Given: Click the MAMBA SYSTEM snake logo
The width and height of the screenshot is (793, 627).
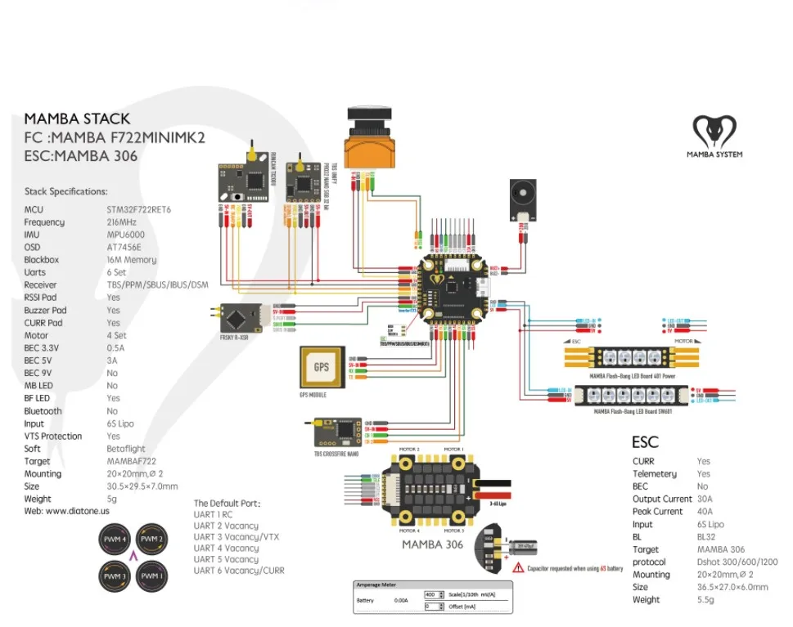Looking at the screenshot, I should pyautogui.click(x=714, y=131).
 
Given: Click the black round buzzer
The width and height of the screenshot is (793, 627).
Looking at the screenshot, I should pyautogui.click(x=521, y=195).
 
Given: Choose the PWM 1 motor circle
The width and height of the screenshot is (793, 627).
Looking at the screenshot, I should pyautogui.click(x=150, y=575).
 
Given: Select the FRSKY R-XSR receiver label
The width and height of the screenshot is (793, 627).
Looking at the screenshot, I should pyautogui.click(x=235, y=337).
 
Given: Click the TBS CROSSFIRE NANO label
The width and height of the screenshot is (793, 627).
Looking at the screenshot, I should pyautogui.click(x=336, y=454).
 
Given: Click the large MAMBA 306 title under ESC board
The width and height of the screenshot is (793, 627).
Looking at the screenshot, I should pyautogui.click(x=432, y=544).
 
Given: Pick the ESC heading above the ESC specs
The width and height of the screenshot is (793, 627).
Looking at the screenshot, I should pyautogui.click(x=645, y=442).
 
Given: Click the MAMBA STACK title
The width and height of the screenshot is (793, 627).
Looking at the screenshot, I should pyautogui.click(x=77, y=119).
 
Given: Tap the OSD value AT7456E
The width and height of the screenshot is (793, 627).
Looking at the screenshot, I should pyautogui.click(x=124, y=247).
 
